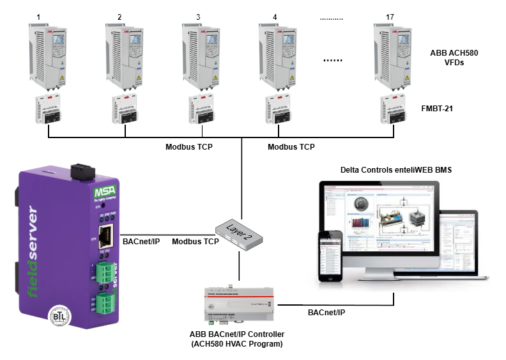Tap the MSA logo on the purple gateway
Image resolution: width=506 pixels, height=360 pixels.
click(87, 192)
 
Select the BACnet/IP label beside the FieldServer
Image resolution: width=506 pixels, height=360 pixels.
click(140, 242)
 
